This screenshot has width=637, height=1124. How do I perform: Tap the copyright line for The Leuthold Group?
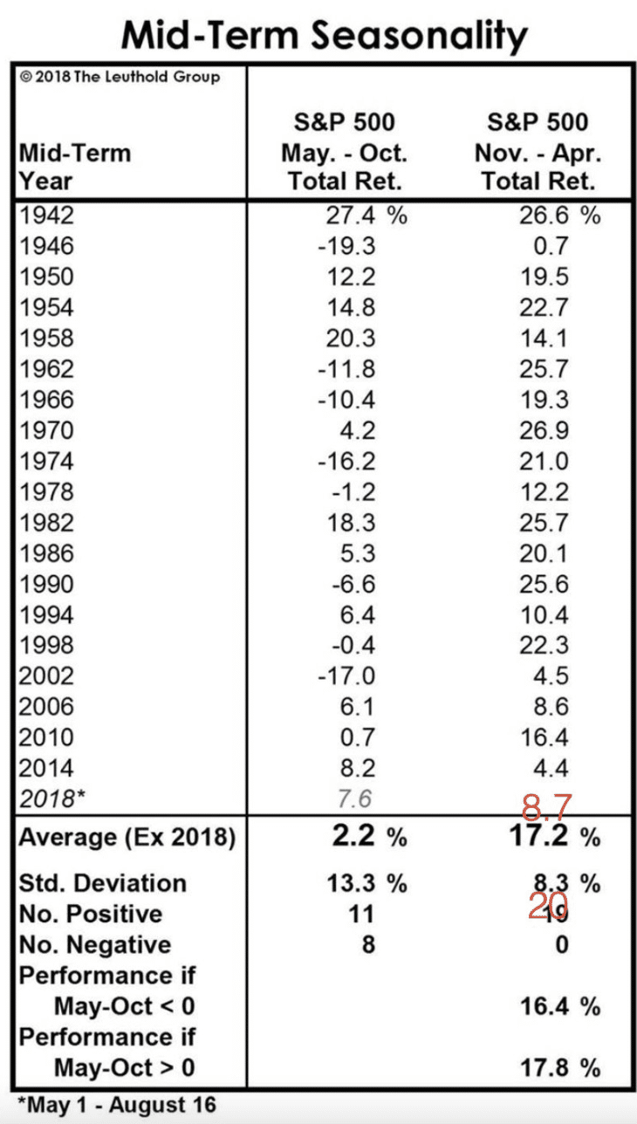pyautogui.click(x=120, y=77)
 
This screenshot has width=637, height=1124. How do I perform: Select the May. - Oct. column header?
pyautogui.click(x=344, y=153)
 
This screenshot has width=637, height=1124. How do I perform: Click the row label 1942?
pyautogui.click(x=46, y=216)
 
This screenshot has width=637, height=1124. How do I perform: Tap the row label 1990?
pyautogui.click(x=46, y=585)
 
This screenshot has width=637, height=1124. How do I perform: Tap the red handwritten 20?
pyautogui.click(x=547, y=906)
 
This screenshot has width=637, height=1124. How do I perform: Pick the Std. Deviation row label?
pyautogui.click(x=102, y=883)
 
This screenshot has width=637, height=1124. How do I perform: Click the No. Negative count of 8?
pyautogui.click(x=366, y=945)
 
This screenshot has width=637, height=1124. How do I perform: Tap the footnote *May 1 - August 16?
pyautogui.click(x=116, y=1105)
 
